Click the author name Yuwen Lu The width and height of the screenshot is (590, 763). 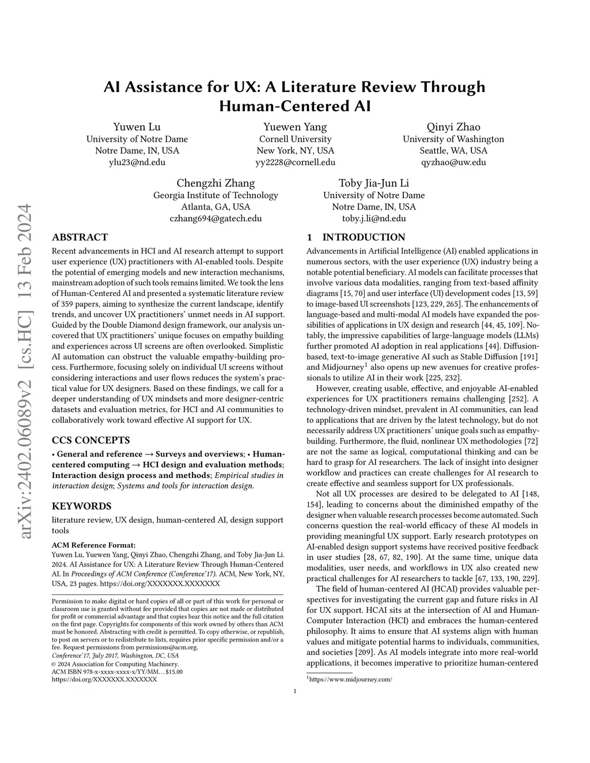coord(137,127)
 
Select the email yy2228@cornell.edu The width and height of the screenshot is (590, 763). coord(295,162)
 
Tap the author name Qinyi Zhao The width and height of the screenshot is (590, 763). coord(453,127)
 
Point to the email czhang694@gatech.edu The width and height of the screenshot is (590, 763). coord(215,218)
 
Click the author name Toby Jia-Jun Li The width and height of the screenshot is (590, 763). coord(374,183)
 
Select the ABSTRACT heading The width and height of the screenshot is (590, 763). coord(80,237)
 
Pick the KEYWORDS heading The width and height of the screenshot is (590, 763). coord(81,506)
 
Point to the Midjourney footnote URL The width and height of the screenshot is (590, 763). coord(351,680)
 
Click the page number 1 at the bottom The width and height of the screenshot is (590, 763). coord(295,692)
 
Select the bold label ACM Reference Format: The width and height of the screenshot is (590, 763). coord(94,544)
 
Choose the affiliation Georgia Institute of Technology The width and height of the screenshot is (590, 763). coord(215,195)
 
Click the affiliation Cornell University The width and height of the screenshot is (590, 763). coord(295,139)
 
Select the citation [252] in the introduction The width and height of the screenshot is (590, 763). coord(518,398)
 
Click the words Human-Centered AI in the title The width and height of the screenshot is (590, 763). coord(294,107)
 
